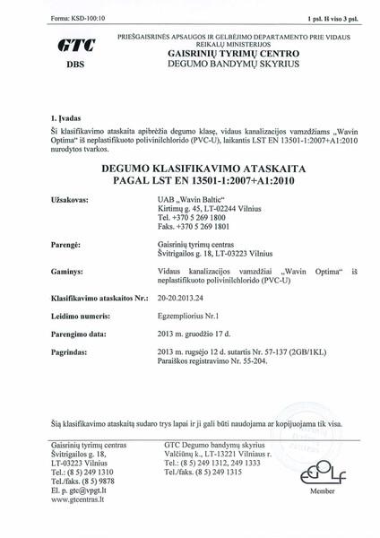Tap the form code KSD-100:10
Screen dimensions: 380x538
(47, 17)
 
